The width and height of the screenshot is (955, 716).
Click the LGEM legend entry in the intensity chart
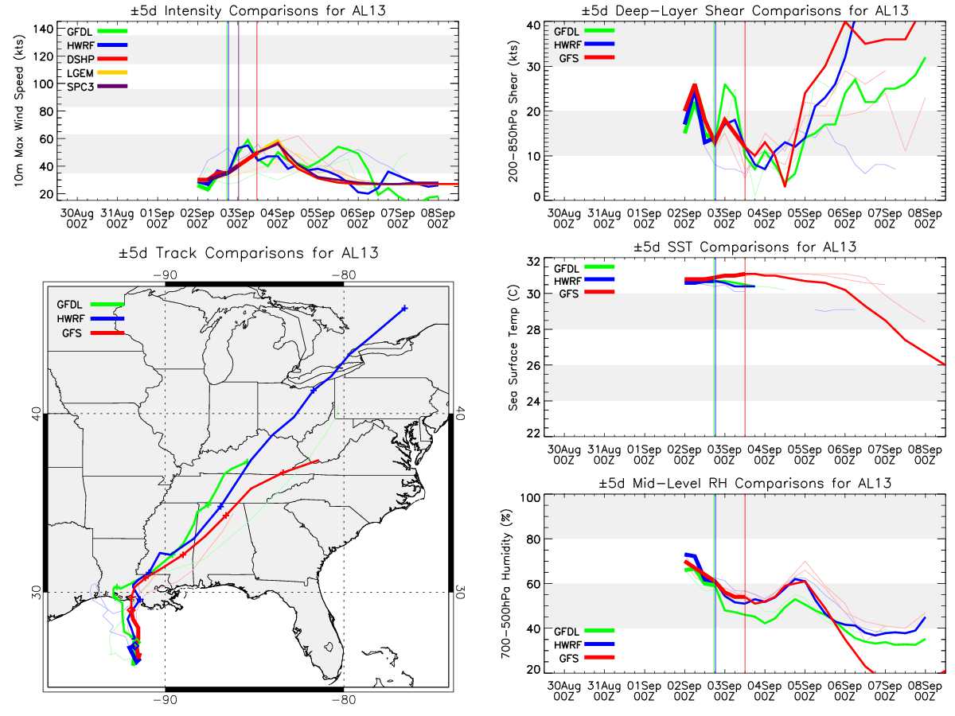96,72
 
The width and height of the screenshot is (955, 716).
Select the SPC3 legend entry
96,87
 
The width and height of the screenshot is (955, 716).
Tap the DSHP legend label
80,59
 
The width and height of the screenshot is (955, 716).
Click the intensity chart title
258,10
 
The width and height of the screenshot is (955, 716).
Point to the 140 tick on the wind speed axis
43,29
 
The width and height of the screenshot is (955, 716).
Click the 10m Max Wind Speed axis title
19,111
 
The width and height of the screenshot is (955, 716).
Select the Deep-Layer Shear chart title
745,10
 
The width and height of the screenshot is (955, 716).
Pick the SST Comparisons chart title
745,247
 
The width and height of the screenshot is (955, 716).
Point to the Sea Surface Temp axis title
513,348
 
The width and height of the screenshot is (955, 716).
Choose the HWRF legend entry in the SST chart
584,280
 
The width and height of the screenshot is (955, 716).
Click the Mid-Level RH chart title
745,484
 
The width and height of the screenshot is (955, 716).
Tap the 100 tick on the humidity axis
530,497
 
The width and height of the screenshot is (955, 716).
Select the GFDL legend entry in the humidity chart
584,631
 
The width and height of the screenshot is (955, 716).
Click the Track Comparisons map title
248,253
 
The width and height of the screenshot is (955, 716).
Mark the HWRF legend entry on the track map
91,319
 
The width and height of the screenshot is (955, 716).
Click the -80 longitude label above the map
343,275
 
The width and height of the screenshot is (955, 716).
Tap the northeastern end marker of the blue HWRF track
404,308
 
